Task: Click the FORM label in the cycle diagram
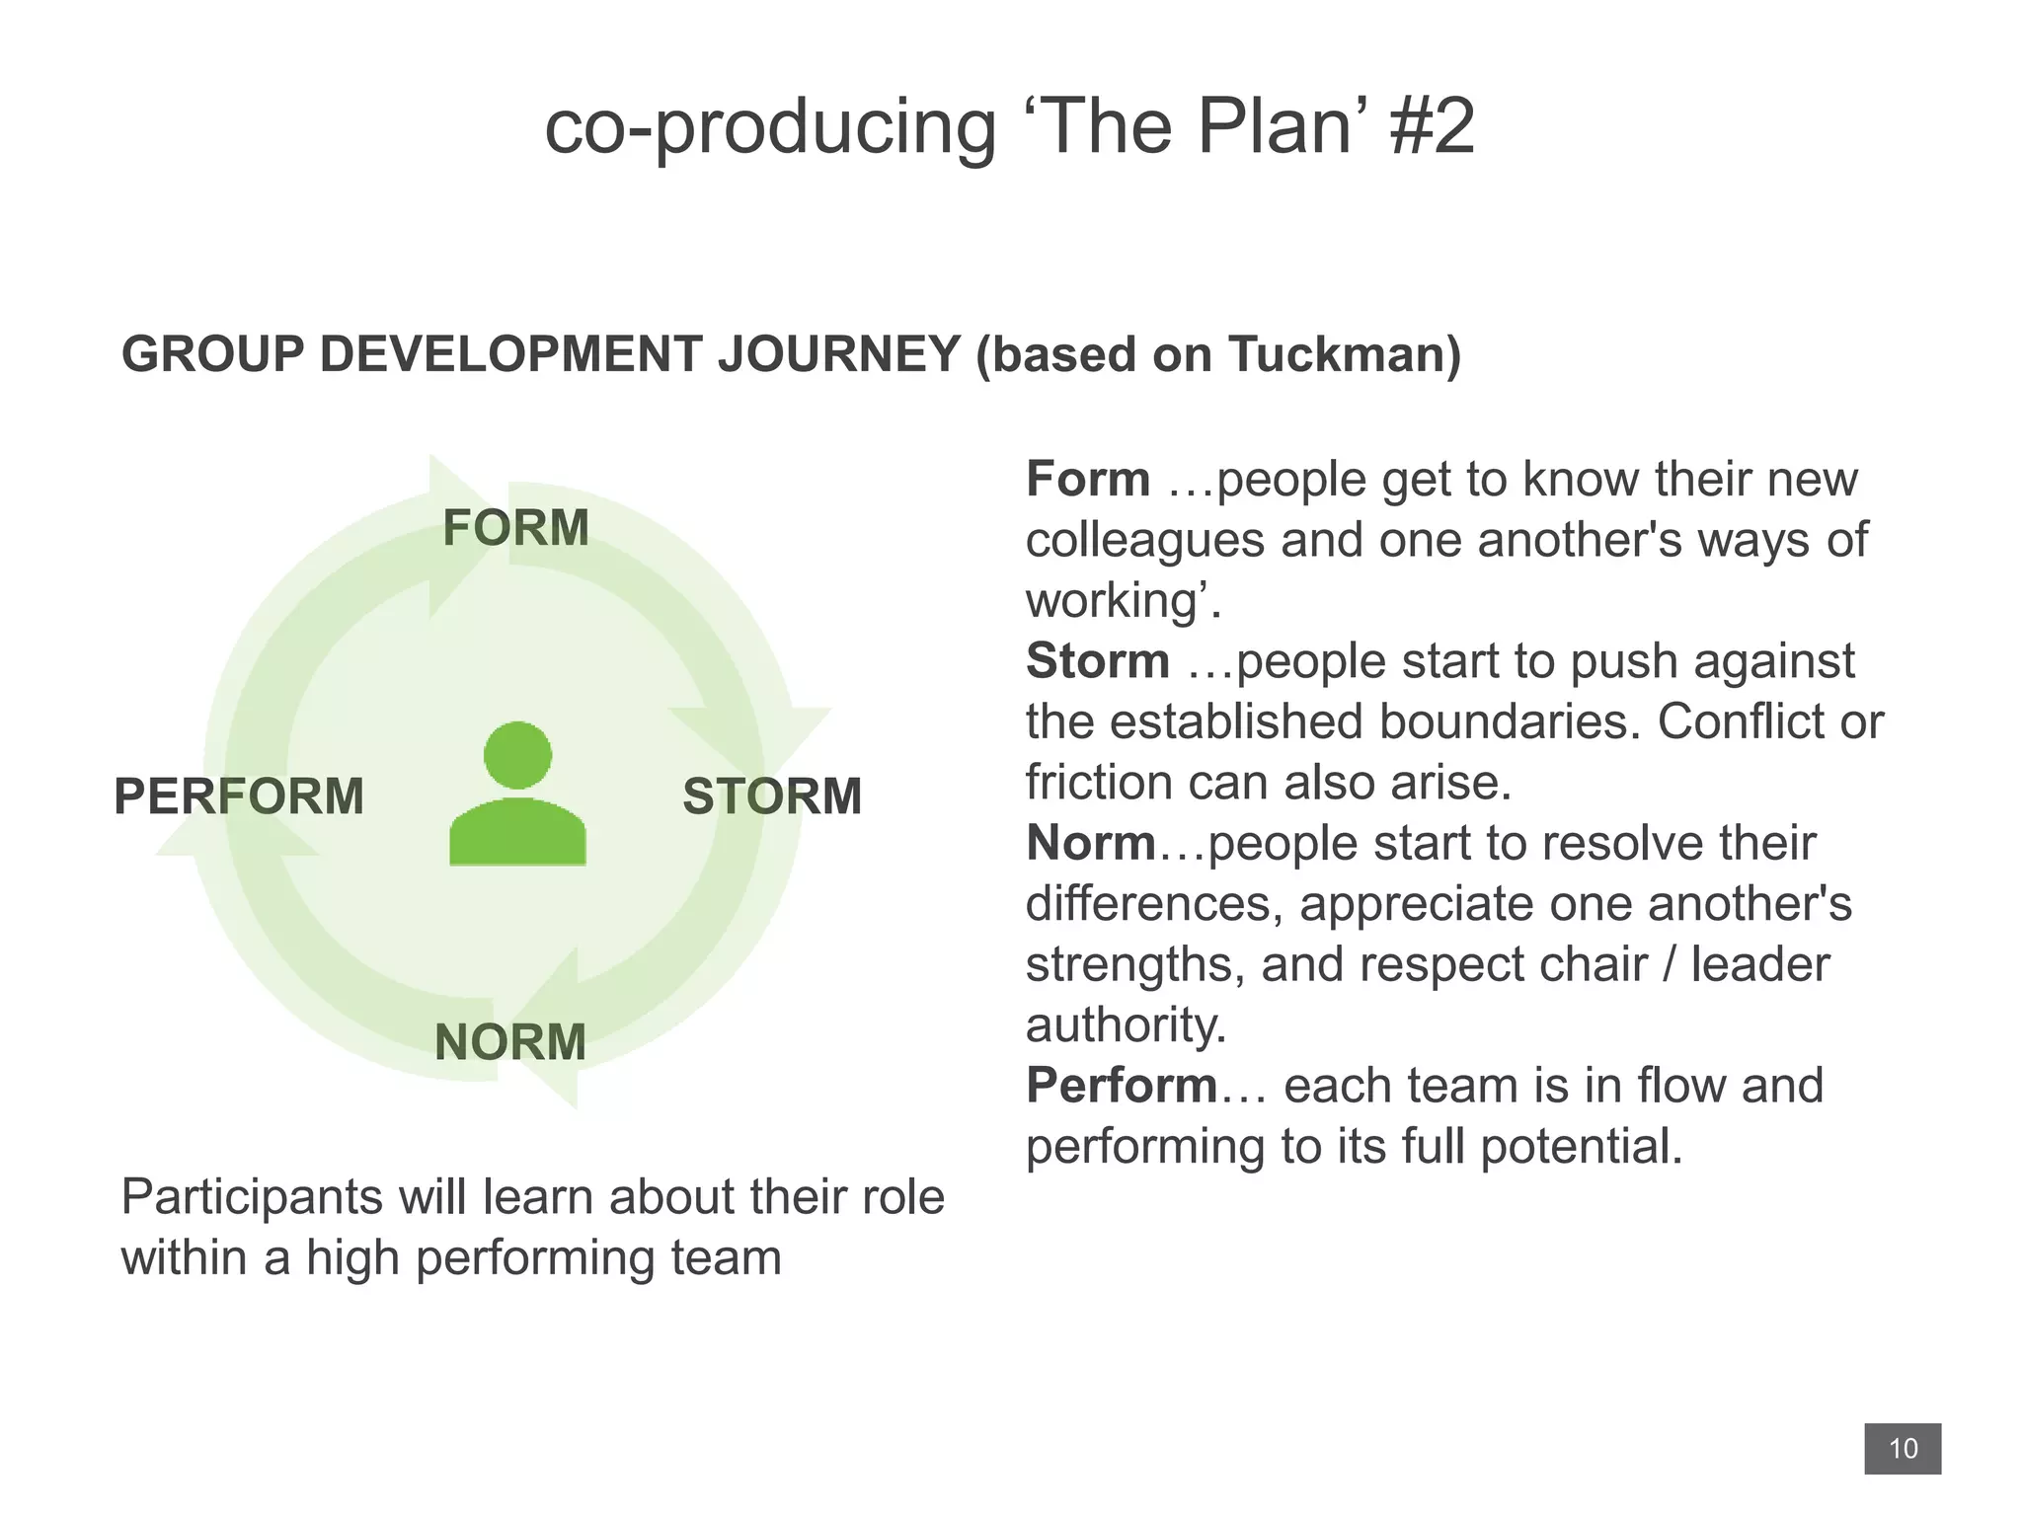[515, 528]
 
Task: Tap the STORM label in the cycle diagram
[772, 796]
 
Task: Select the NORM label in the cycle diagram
[510, 1042]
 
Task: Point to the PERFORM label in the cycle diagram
[239, 796]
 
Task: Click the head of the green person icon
[517, 755]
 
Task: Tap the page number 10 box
[1902, 1449]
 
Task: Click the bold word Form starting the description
[1088, 480]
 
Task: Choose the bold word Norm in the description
[1091, 844]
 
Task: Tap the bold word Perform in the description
[1122, 1086]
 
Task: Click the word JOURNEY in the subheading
[839, 354]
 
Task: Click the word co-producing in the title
[770, 128]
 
